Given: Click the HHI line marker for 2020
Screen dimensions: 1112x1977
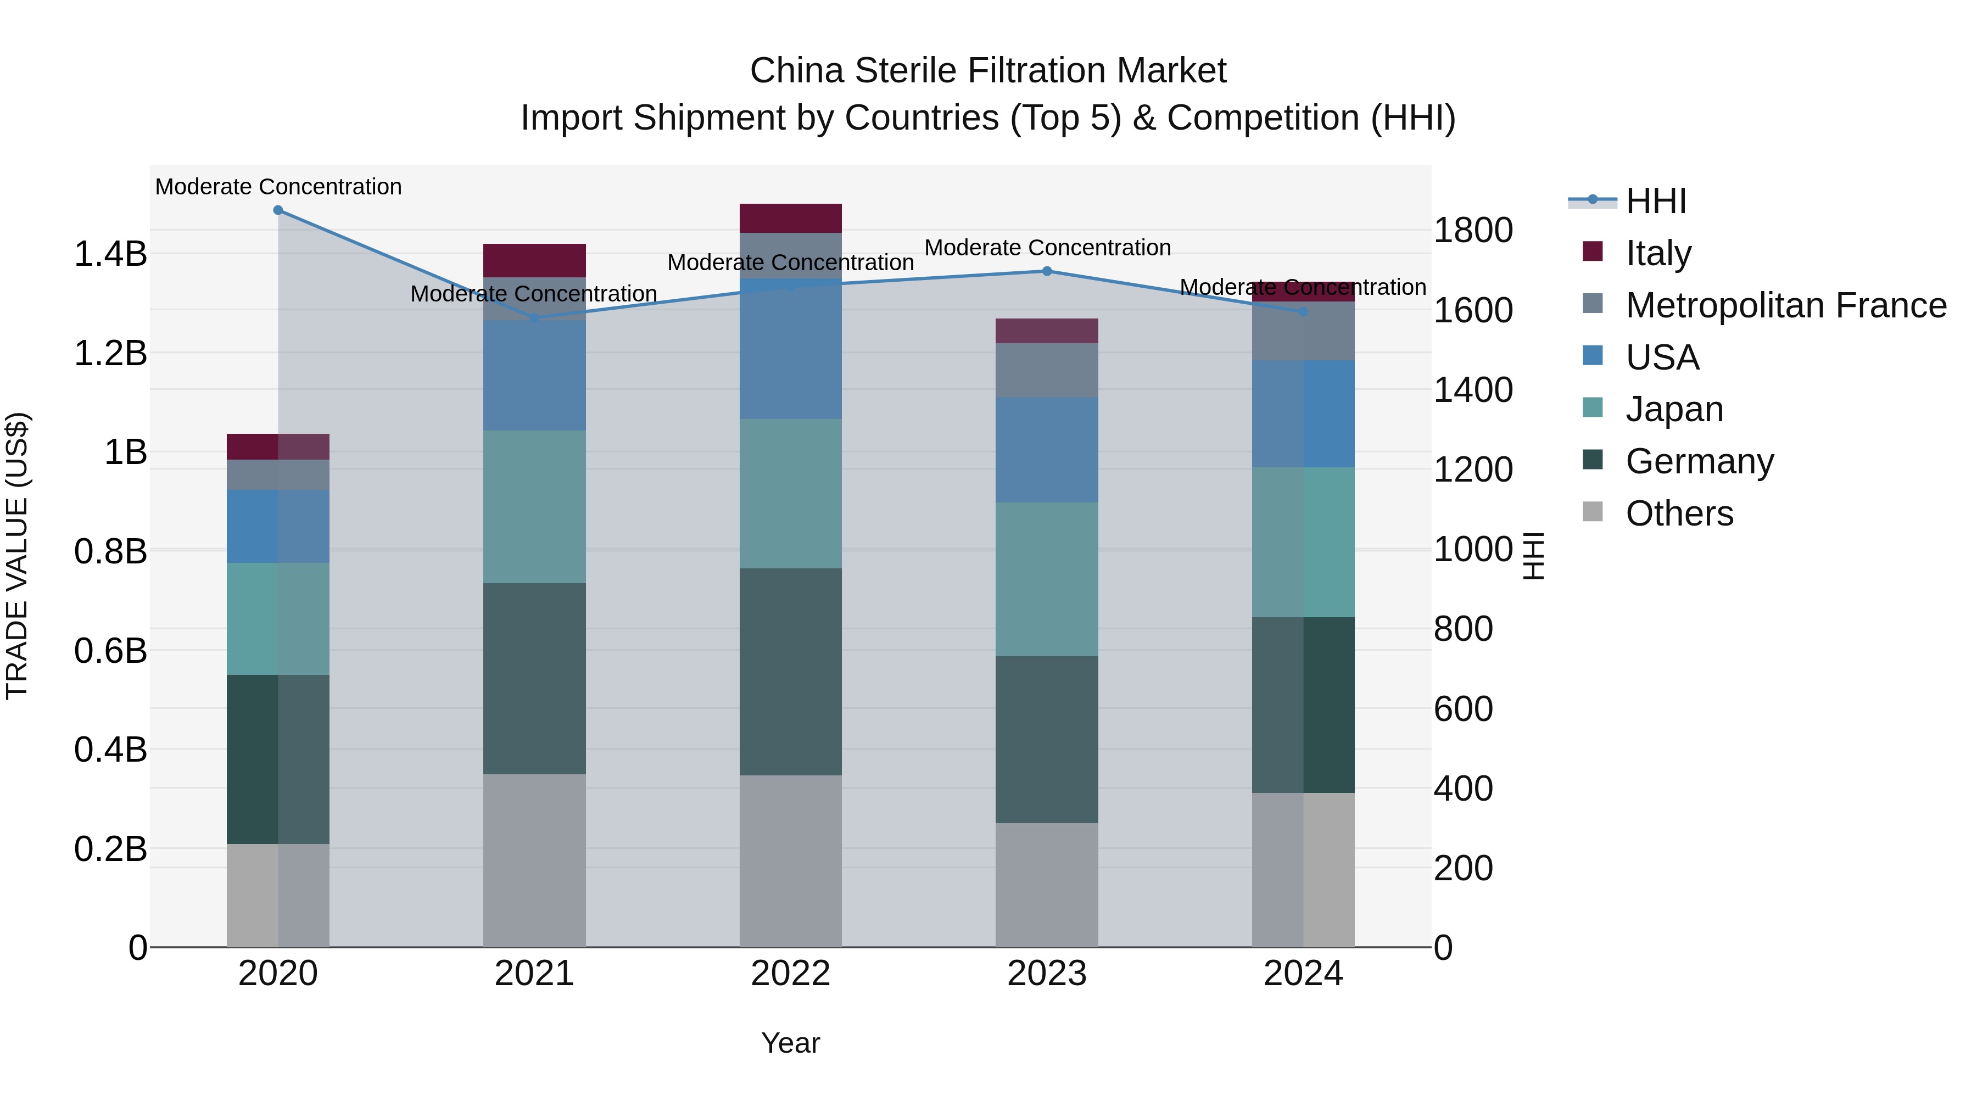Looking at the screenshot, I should [x=278, y=210].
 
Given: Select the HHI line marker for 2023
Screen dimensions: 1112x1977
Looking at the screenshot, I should [x=1047, y=271].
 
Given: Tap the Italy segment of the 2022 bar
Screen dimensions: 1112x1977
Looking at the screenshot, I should [x=790, y=218].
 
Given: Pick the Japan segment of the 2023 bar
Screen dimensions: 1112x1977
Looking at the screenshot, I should [x=1047, y=579].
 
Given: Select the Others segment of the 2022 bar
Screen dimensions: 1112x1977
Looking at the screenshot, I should [x=790, y=861].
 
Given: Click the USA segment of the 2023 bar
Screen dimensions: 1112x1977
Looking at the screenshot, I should [x=1047, y=450].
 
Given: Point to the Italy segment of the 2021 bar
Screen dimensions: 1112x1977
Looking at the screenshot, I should [x=534, y=260].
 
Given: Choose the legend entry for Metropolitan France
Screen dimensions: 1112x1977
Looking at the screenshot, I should [x=1785, y=305].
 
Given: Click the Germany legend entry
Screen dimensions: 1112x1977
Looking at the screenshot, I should [x=1699, y=461].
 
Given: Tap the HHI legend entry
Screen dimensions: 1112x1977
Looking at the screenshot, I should [x=1655, y=201].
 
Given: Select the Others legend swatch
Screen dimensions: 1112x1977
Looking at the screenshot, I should [x=1593, y=512].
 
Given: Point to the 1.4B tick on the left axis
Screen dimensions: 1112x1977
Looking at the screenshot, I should [x=110, y=254].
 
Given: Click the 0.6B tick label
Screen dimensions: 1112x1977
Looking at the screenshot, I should [x=110, y=651].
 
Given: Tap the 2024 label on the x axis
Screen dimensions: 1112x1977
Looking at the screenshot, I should [x=1303, y=974].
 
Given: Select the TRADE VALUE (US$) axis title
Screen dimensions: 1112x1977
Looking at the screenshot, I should [x=17, y=556].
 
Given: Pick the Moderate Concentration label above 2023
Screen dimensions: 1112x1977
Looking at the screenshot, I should [x=1047, y=248].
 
